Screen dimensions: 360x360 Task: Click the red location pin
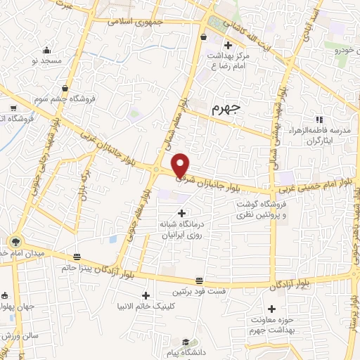point(181,165)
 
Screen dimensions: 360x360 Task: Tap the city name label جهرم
point(226,109)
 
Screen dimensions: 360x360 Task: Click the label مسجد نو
point(46,61)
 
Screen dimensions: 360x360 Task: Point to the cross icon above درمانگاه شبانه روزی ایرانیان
point(182,213)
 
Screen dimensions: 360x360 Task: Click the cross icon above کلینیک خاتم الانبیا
point(146,295)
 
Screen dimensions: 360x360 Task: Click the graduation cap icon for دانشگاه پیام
point(184,342)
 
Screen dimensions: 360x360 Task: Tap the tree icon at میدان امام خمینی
point(15,240)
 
